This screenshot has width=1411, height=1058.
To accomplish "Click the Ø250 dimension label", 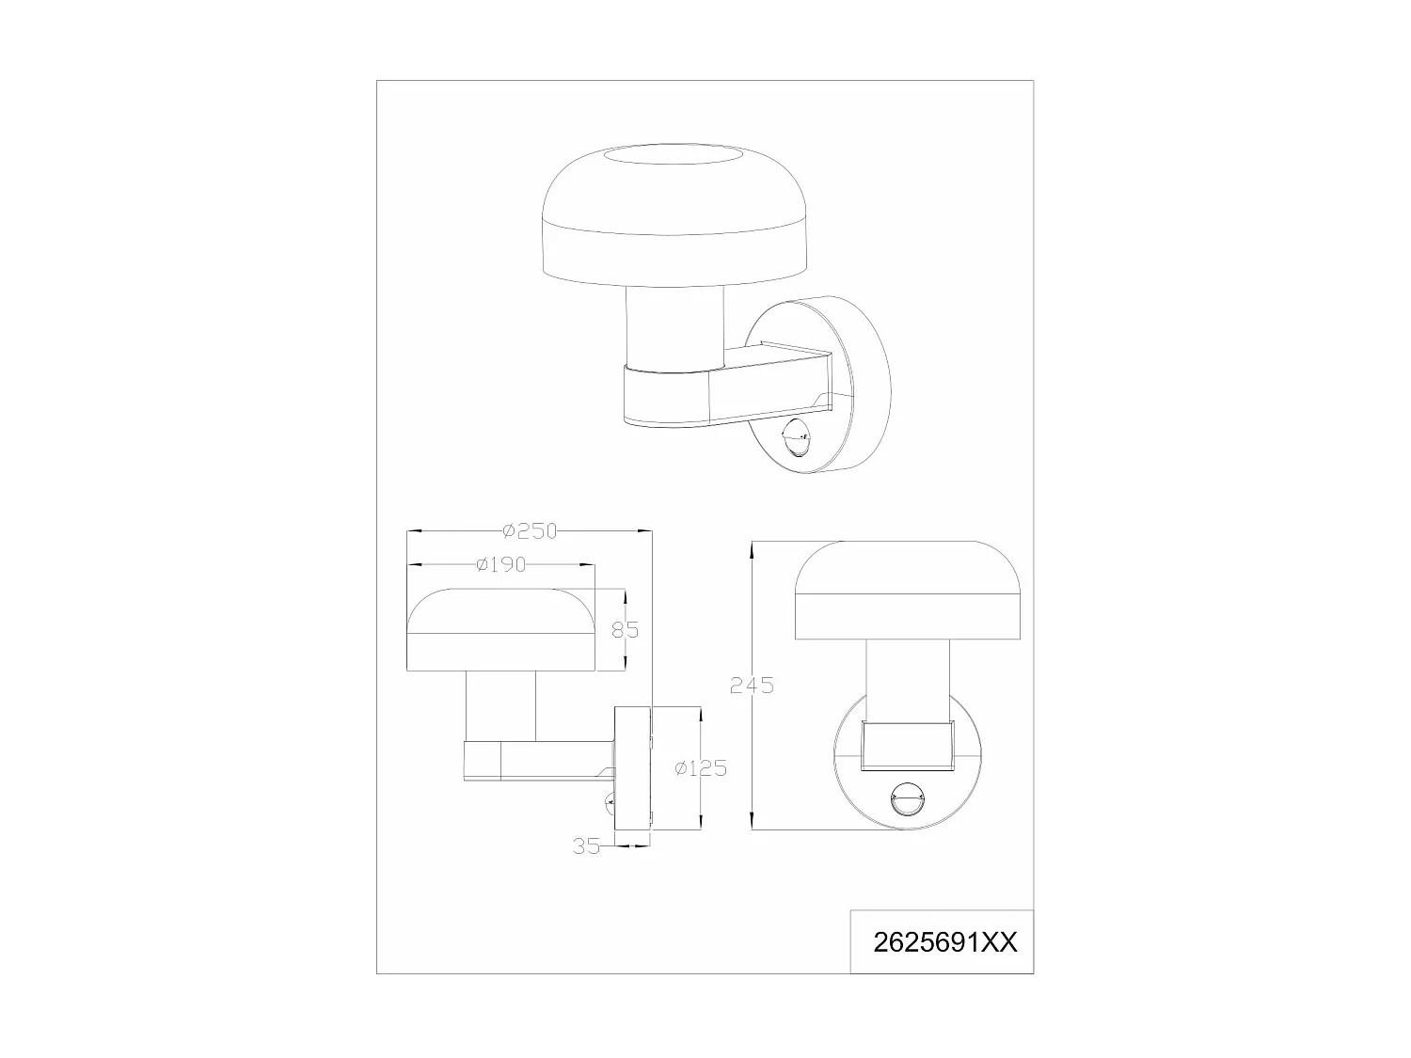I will (531, 531).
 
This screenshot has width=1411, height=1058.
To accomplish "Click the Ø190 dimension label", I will (500, 564).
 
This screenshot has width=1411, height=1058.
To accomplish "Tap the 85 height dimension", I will (625, 629).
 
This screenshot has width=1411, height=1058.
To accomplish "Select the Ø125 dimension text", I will (701, 768).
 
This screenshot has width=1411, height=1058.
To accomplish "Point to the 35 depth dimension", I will (586, 845).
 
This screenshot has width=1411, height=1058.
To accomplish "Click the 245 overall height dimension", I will (752, 686).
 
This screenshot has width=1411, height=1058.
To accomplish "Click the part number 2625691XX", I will (945, 942).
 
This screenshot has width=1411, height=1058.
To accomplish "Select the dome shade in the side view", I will (500, 630).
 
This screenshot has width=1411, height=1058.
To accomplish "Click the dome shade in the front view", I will (907, 592).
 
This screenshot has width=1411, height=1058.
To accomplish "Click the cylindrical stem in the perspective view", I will (674, 324).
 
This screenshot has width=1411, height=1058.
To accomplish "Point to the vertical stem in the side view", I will (500, 705).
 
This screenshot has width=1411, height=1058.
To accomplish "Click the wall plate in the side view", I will (632, 768).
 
